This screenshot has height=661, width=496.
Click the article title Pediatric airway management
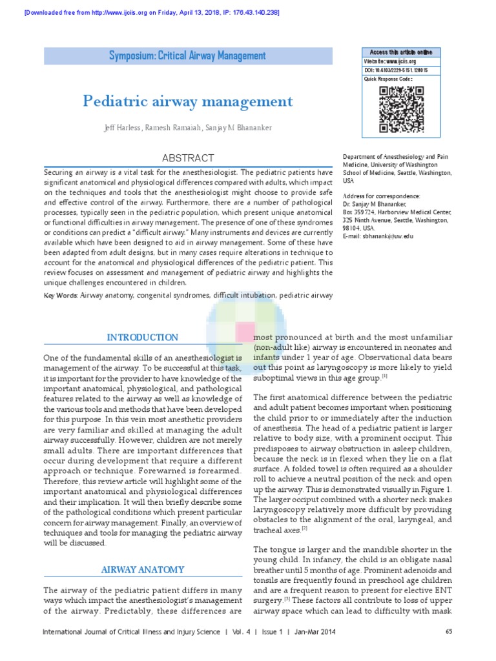[x=187, y=101]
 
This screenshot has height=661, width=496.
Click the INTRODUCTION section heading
[x=142, y=338]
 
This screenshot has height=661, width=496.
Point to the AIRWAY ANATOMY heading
[x=142, y=570]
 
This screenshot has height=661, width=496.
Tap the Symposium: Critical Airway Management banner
[x=187, y=56]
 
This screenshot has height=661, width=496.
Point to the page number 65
[x=449, y=632]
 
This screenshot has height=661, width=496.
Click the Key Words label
[x=60, y=296]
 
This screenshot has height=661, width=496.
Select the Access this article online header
[x=400, y=52]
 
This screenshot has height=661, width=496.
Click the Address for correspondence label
[x=381, y=196]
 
